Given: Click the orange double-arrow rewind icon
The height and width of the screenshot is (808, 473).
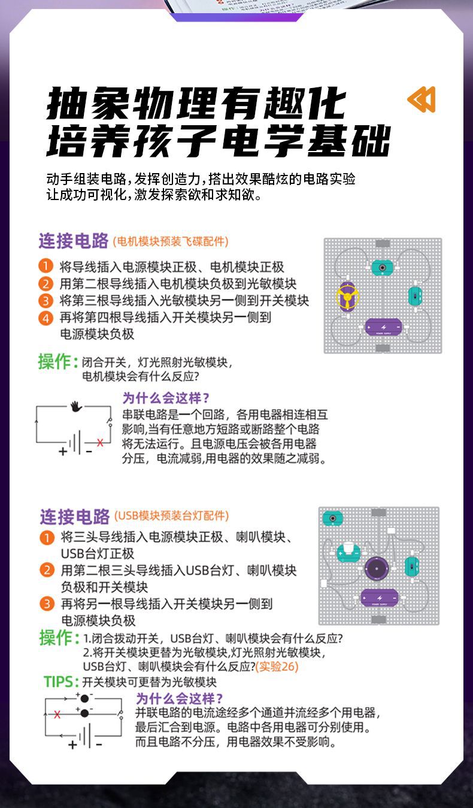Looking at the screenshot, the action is [x=422, y=99].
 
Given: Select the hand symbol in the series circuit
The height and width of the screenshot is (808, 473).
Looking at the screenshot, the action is [x=76, y=406].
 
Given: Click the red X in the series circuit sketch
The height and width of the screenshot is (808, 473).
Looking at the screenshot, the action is [x=100, y=443].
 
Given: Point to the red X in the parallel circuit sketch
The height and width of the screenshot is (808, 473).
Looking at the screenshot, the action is [x=57, y=714].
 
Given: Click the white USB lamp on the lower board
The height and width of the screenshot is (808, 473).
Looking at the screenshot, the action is [x=348, y=551].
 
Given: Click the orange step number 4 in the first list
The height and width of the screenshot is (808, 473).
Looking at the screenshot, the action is [x=46, y=317].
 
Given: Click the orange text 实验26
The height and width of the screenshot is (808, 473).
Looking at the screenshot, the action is [x=277, y=667].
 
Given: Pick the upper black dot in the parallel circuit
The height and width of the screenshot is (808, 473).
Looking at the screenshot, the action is [x=84, y=698].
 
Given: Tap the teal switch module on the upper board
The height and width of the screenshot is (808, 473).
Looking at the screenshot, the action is [x=415, y=295].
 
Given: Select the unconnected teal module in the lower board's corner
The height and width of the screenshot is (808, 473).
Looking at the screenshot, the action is [x=332, y=518].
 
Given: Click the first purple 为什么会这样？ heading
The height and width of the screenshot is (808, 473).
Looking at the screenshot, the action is [x=166, y=398].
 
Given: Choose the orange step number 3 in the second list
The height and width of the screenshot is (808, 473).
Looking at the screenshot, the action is [x=47, y=603].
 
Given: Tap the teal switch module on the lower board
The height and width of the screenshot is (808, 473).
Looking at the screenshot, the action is [x=411, y=566].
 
